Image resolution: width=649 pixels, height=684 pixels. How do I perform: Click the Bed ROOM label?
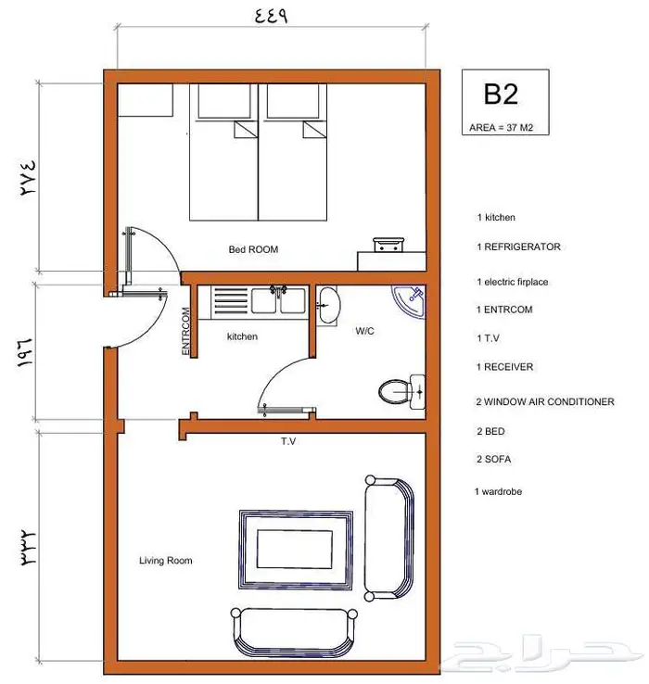coord(253,249)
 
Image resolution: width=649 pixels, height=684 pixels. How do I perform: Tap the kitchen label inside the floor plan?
coord(242,336)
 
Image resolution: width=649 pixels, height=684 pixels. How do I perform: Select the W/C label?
coord(364,331)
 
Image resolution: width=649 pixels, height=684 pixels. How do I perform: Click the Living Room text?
coord(165,561)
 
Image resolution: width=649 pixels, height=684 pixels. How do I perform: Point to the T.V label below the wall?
coord(288,441)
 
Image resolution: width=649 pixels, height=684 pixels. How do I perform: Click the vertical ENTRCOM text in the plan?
coord(185,331)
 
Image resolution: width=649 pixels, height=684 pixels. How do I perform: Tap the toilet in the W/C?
coord(401,391)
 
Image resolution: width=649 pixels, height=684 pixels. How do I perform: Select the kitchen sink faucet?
coord(278,290)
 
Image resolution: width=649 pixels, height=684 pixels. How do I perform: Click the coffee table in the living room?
coord(296,550)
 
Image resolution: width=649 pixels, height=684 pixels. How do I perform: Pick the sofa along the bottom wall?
coord(294,632)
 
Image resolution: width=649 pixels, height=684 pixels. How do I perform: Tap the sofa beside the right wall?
coord(388,538)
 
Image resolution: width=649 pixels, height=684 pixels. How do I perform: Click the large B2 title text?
coord(501,94)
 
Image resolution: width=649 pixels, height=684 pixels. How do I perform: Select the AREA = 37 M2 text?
coord(501,128)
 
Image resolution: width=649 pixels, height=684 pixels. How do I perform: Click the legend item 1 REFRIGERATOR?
coord(518,247)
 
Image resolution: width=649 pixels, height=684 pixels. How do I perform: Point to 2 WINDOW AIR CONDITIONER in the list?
coord(545,401)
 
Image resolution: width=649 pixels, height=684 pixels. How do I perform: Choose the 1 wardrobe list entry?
coord(498,491)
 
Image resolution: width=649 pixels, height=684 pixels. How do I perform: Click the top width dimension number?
coord(271,16)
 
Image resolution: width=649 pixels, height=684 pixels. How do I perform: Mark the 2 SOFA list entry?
coord(493,459)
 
